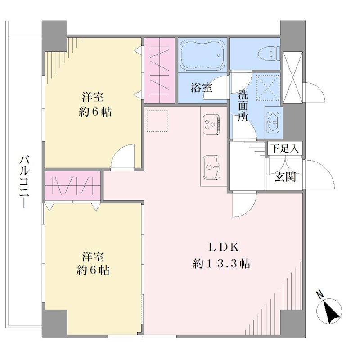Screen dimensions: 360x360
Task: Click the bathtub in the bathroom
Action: (x=202, y=55)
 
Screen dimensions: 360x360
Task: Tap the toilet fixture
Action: (x=269, y=54)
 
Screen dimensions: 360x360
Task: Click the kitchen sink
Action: (x=211, y=167)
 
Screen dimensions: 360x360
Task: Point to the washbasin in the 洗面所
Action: (x=273, y=122)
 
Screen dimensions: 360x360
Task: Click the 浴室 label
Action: (x=201, y=87)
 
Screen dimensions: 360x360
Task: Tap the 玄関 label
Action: (x=285, y=176)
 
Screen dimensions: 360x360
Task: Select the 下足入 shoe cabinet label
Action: (x=285, y=148)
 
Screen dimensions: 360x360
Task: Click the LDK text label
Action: (x=224, y=247)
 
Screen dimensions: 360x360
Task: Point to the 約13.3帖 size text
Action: (x=221, y=263)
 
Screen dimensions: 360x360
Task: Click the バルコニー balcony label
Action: (x=24, y=182)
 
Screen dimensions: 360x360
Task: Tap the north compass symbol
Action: (x=329, y=311)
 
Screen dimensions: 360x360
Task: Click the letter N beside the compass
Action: (x=319, y=295)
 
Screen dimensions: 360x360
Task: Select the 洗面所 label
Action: (x=243, y=106)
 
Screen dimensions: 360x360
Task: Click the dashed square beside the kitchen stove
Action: (x=157, y=121)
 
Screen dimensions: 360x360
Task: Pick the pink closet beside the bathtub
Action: (x=160, y=71)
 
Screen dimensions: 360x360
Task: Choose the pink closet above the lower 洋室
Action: (x=72, y=185)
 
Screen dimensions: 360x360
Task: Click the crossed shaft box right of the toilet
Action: (x=292, y=77)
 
